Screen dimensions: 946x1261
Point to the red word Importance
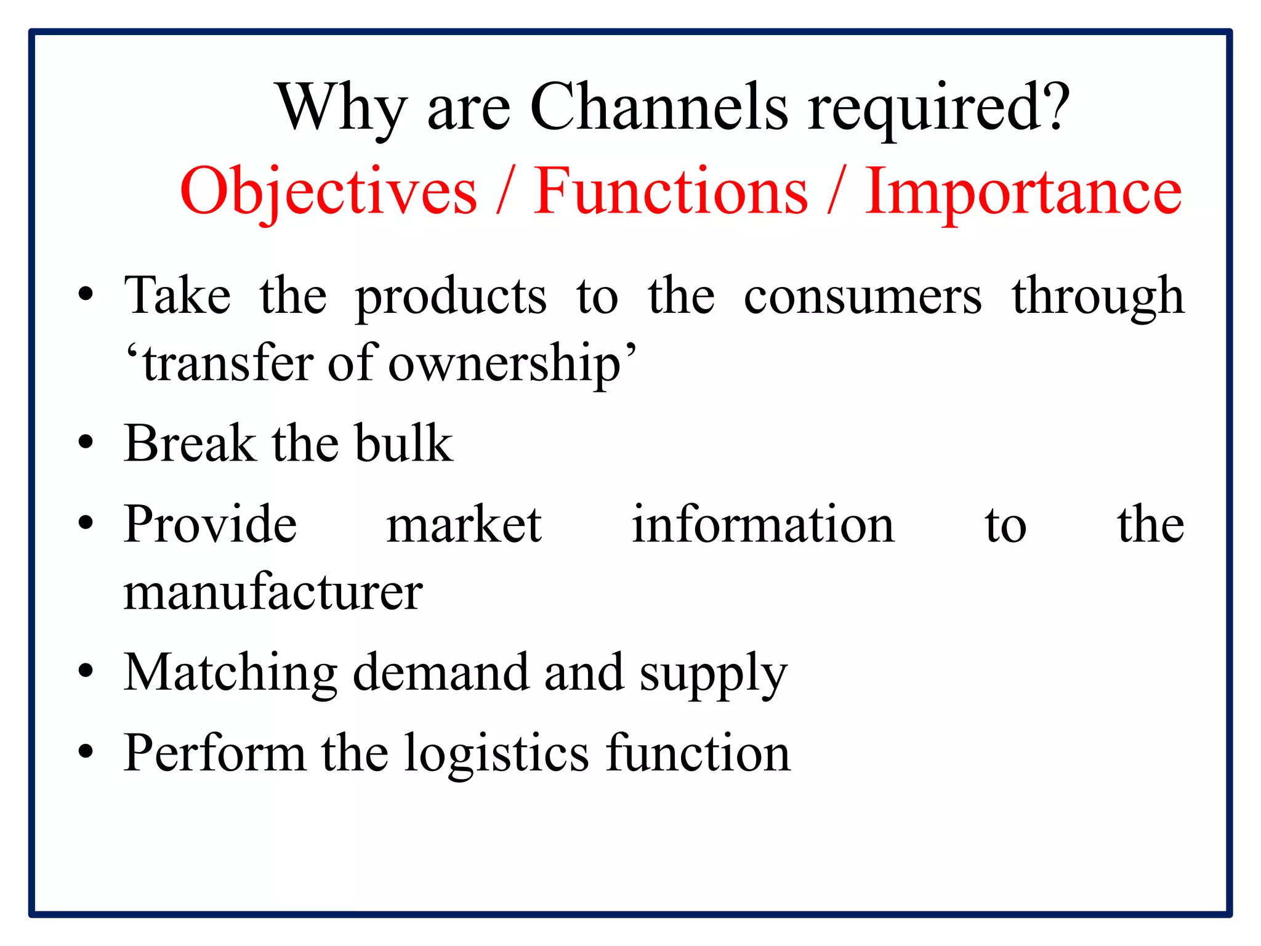tap(1023, 192)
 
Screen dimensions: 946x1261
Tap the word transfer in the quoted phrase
tap(227, 363)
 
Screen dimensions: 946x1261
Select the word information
tap(763, 524)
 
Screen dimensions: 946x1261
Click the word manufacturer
tap(273, 592)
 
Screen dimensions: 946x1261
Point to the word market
tap(464, 524)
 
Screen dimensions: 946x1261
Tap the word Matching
tap(230, 673)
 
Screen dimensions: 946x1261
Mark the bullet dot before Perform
tap(86, 752)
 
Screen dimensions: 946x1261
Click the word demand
tap(440, 672)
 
